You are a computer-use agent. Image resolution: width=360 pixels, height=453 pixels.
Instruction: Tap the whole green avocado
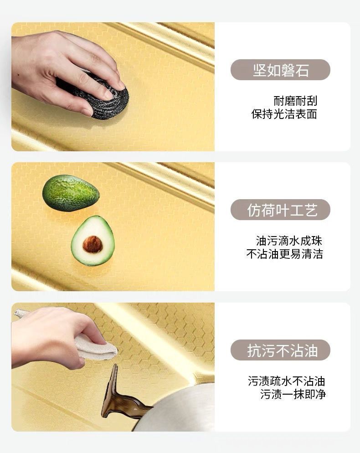71,193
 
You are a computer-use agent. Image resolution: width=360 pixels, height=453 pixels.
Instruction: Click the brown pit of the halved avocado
93,244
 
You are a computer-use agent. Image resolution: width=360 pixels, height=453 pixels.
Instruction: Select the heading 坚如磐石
281,70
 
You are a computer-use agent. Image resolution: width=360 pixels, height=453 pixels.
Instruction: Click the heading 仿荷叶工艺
282,210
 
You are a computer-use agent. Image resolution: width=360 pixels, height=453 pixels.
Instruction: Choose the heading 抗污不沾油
282,350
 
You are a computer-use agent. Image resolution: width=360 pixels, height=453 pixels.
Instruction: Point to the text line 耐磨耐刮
295,101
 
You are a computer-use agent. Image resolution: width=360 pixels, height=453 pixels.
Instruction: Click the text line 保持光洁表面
284,114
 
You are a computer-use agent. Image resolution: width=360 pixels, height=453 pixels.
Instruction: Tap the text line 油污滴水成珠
289,241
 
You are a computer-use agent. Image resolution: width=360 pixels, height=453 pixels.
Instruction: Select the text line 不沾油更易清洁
285,254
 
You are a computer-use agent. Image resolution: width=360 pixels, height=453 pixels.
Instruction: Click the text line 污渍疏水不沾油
287,381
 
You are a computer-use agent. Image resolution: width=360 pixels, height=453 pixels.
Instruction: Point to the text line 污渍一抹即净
293,394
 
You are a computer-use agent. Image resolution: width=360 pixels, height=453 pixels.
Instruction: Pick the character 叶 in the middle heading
282,210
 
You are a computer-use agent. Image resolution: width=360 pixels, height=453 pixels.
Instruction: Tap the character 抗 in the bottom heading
254,350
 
